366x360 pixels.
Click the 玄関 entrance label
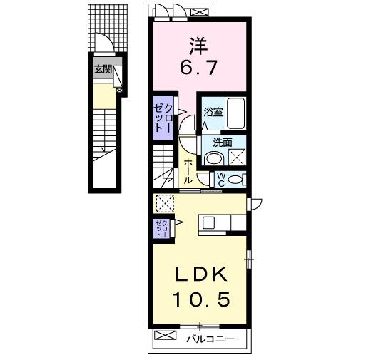pyautogui.click(x=103, y=70)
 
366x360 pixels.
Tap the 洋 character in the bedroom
pyautogui.click(x=198, y=46)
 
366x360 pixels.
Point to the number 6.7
pyautogui.click(x=198, y=67)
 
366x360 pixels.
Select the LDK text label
pyautogui.click(x=200, y=274)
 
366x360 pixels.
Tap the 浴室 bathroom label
pyautogui.click(x=213, y=112)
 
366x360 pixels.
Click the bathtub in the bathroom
pyautogui.click(x=235, y=113)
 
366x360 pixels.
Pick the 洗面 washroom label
pyautogui.click(x=223, y=143)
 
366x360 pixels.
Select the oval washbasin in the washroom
pyautogui.click(x=214, y=158)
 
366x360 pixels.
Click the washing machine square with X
pyautogui.click(x=237, y=157)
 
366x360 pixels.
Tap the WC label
pyautogui.click(x=221, y=180)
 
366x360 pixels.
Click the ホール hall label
pyautogui.click(x=188, y=171)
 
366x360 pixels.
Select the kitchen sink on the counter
pyautogui.click(x=208, y=223)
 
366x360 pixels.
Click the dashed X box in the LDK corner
pyautogui.click(x=165, y=203)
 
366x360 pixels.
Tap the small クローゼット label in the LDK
pyautogui.click(x=162, y=229)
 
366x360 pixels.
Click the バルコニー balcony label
pyautogui.click(x=210, y=339)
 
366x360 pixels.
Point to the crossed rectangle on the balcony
pyautogui.click(x=165, y=335)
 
